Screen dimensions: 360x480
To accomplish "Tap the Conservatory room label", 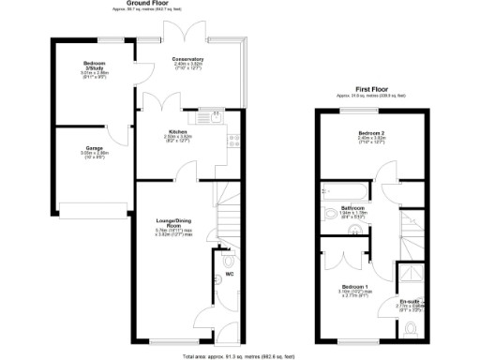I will pos(187,60).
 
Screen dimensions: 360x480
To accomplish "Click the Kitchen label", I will pos(178,131).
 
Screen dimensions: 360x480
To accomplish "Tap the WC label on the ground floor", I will pos(230,276).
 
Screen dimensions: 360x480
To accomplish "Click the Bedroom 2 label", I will pos(371,133).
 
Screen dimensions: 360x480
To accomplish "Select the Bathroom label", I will pos(353,207).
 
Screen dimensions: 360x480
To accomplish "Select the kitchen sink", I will pos(214,118).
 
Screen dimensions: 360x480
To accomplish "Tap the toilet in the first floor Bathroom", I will pos(328,214).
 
